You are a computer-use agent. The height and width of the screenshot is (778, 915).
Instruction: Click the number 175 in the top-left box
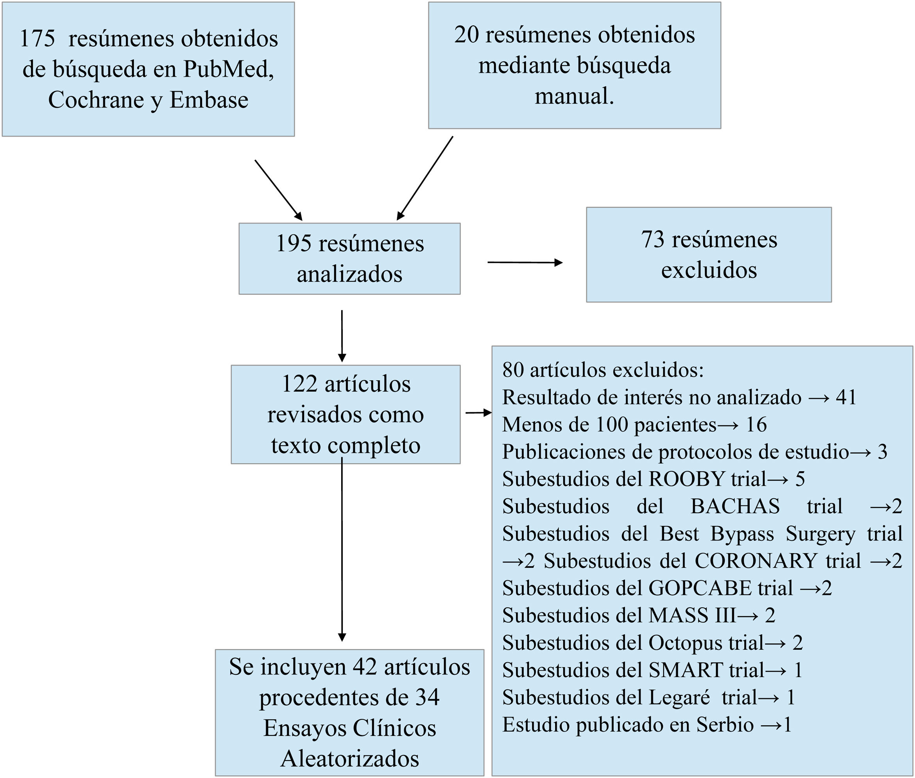click(x=37, y=39)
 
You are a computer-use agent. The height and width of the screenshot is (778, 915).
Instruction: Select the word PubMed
click(x=228, y=69)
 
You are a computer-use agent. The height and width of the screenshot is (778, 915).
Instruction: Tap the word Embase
click(x=209, y=100)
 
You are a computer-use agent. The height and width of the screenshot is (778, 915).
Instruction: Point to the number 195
click(x=294, y=244)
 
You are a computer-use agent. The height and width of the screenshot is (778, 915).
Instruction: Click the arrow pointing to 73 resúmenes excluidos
click(x=525, y=263)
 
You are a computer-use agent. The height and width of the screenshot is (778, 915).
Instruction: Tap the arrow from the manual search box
click(x=425, y=178)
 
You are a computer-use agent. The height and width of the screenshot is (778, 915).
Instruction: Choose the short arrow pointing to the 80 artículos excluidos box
click(x=478, y=413)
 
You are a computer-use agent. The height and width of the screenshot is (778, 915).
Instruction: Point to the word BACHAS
click(x=735, y=506)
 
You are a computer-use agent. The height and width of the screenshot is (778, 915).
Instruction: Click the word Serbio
click(x=725, y=725)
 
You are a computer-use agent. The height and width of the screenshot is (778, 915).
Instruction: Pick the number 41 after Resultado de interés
click(x=846, y=397)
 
